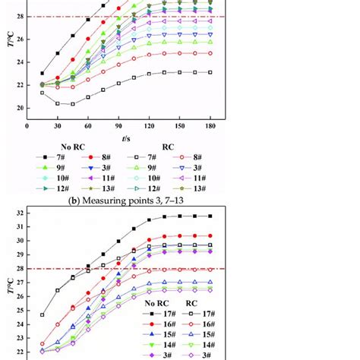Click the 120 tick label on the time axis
click(x=150, y=126)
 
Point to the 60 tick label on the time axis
click(x=88, y=126)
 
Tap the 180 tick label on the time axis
click(x=211, y=126)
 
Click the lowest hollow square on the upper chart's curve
click(x=73, y=104)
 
